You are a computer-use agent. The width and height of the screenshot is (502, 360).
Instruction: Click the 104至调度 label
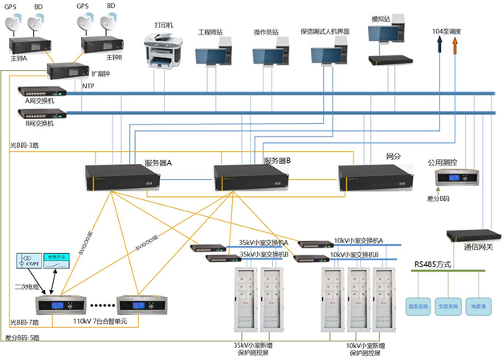(447, 31)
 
